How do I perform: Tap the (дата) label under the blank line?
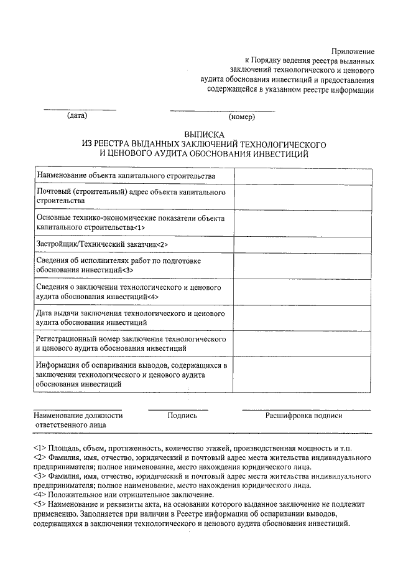point(77,116)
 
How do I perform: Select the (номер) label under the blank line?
point(239,117)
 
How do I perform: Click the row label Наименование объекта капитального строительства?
point(126,176)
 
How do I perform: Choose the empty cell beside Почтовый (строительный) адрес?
point(303,197)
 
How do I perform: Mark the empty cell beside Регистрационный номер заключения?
point(303,343)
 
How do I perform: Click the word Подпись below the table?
point(182,415)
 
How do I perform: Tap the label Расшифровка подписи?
point(303,415)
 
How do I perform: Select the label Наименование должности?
point(78,415)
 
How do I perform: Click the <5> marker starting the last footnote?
point(40,504)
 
